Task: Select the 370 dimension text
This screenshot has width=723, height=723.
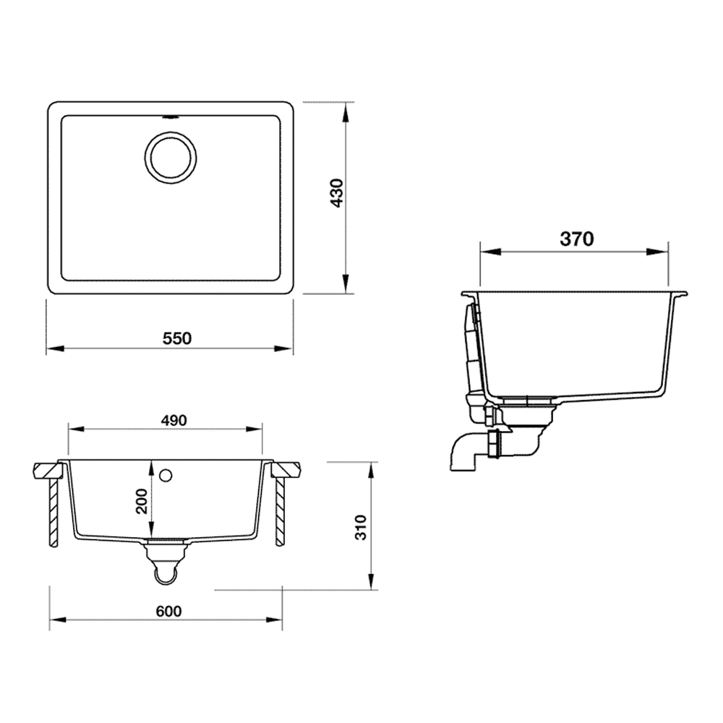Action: click(576, 239)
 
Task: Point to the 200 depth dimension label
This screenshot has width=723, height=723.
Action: click(142, 500)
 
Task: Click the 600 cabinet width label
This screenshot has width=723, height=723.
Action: click(168, 611)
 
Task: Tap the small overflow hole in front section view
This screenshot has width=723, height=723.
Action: click(166, 475)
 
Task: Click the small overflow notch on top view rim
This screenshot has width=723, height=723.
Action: click(171, 114)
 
